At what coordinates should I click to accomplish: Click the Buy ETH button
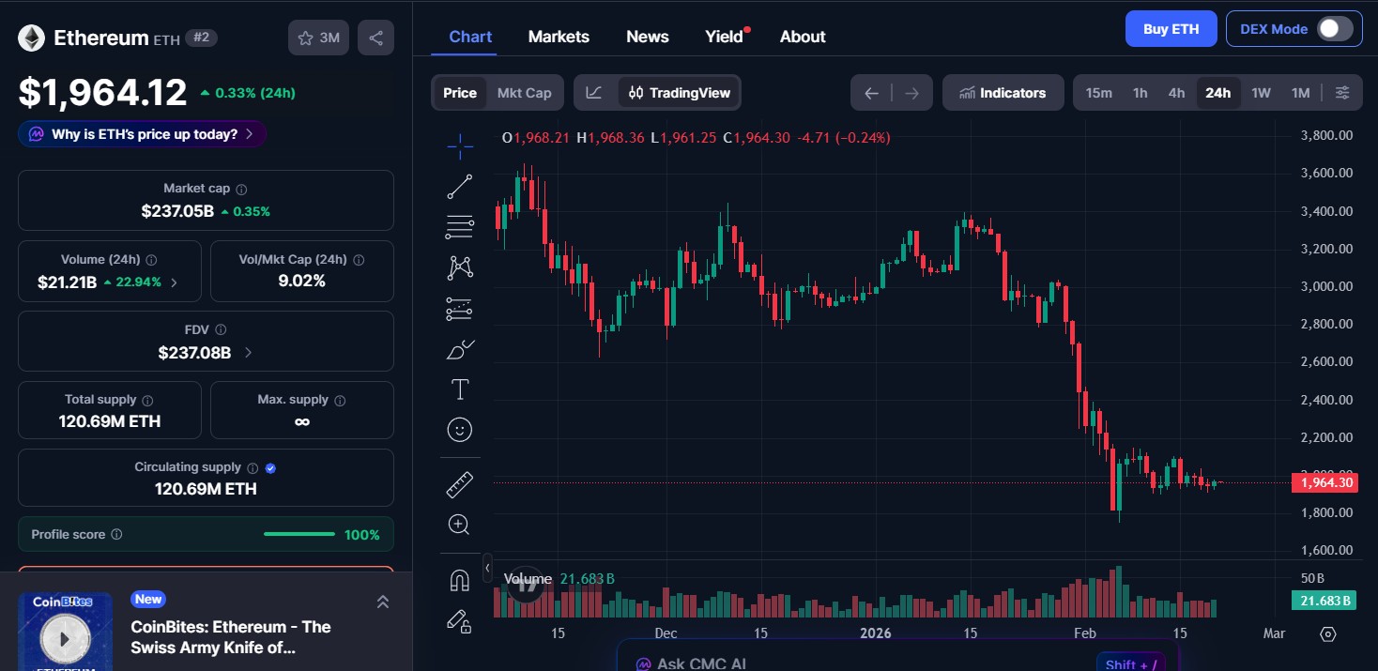click(1171, 29)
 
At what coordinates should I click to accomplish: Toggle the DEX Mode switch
click(1334, 29)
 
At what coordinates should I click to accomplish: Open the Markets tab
click(559, 37)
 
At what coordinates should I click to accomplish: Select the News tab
click(647, 37)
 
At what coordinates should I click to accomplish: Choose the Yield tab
click(724, 37)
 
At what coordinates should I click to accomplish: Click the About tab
click(803, 37)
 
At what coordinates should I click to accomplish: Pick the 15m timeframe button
click(1098, 93)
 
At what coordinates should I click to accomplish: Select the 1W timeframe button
click(1261, 93)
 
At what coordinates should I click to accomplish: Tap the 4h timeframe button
click(1176, 93)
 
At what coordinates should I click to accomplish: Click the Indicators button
click(1003, 93)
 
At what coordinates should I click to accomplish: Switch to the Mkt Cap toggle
click(524, 93)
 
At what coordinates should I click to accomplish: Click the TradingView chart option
click(680, 93)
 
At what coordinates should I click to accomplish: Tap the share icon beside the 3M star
click(376, 38)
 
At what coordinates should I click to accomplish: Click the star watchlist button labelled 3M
click(319, 38)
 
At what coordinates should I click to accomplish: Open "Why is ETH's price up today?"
click(143, 134)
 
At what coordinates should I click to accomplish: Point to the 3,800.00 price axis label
click(1325, 135)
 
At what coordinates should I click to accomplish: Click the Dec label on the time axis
click(666, 633)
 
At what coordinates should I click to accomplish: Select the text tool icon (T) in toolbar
click(460, 389)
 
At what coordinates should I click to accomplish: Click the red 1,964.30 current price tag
click(1324, 483)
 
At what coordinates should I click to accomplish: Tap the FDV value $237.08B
click(194, 353)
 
